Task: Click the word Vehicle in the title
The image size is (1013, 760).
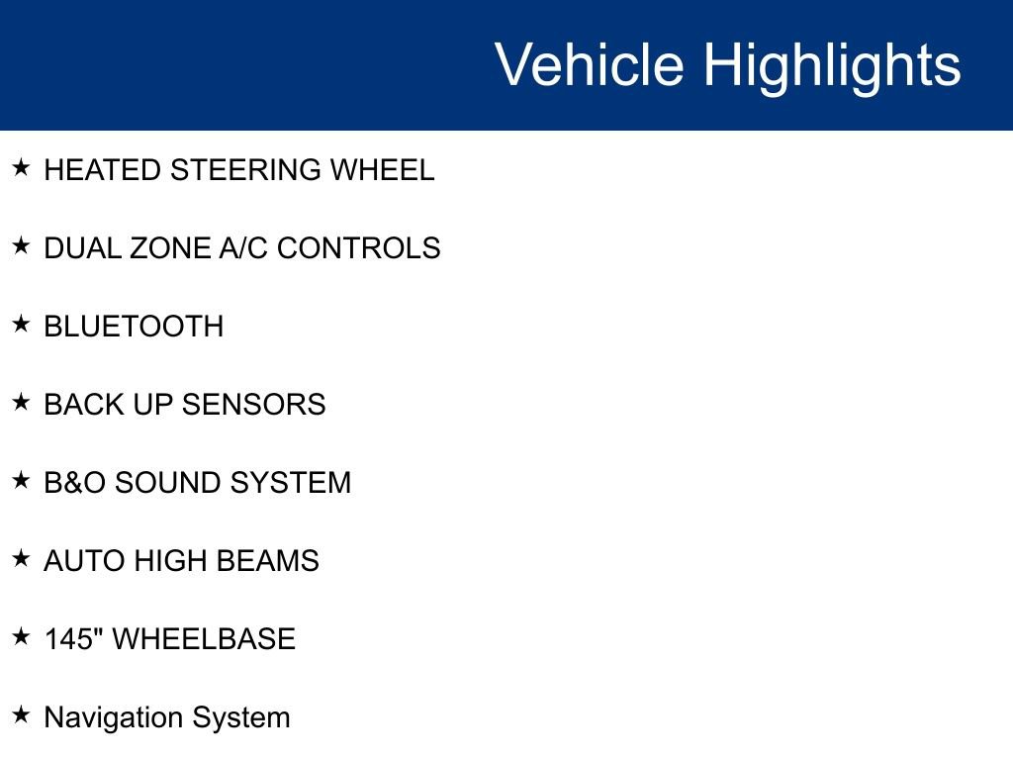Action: pos(589,65)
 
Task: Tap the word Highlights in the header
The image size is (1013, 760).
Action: pos(831,65)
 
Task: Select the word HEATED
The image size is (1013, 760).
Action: pos(103,170)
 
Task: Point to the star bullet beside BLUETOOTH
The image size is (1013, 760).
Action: pos(21,324)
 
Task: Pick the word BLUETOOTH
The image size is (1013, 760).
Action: pos(134,327)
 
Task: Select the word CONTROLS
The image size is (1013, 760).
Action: pos(358,248)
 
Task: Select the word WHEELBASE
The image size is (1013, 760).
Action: pos(204,639)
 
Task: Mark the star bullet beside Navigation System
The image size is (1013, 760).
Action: pos(21,714)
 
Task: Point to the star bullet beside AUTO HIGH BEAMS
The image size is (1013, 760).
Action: pos(21,558)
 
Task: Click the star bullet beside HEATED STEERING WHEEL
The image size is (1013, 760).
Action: pos(21,167)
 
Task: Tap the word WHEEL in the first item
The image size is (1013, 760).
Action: pos(382,170)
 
